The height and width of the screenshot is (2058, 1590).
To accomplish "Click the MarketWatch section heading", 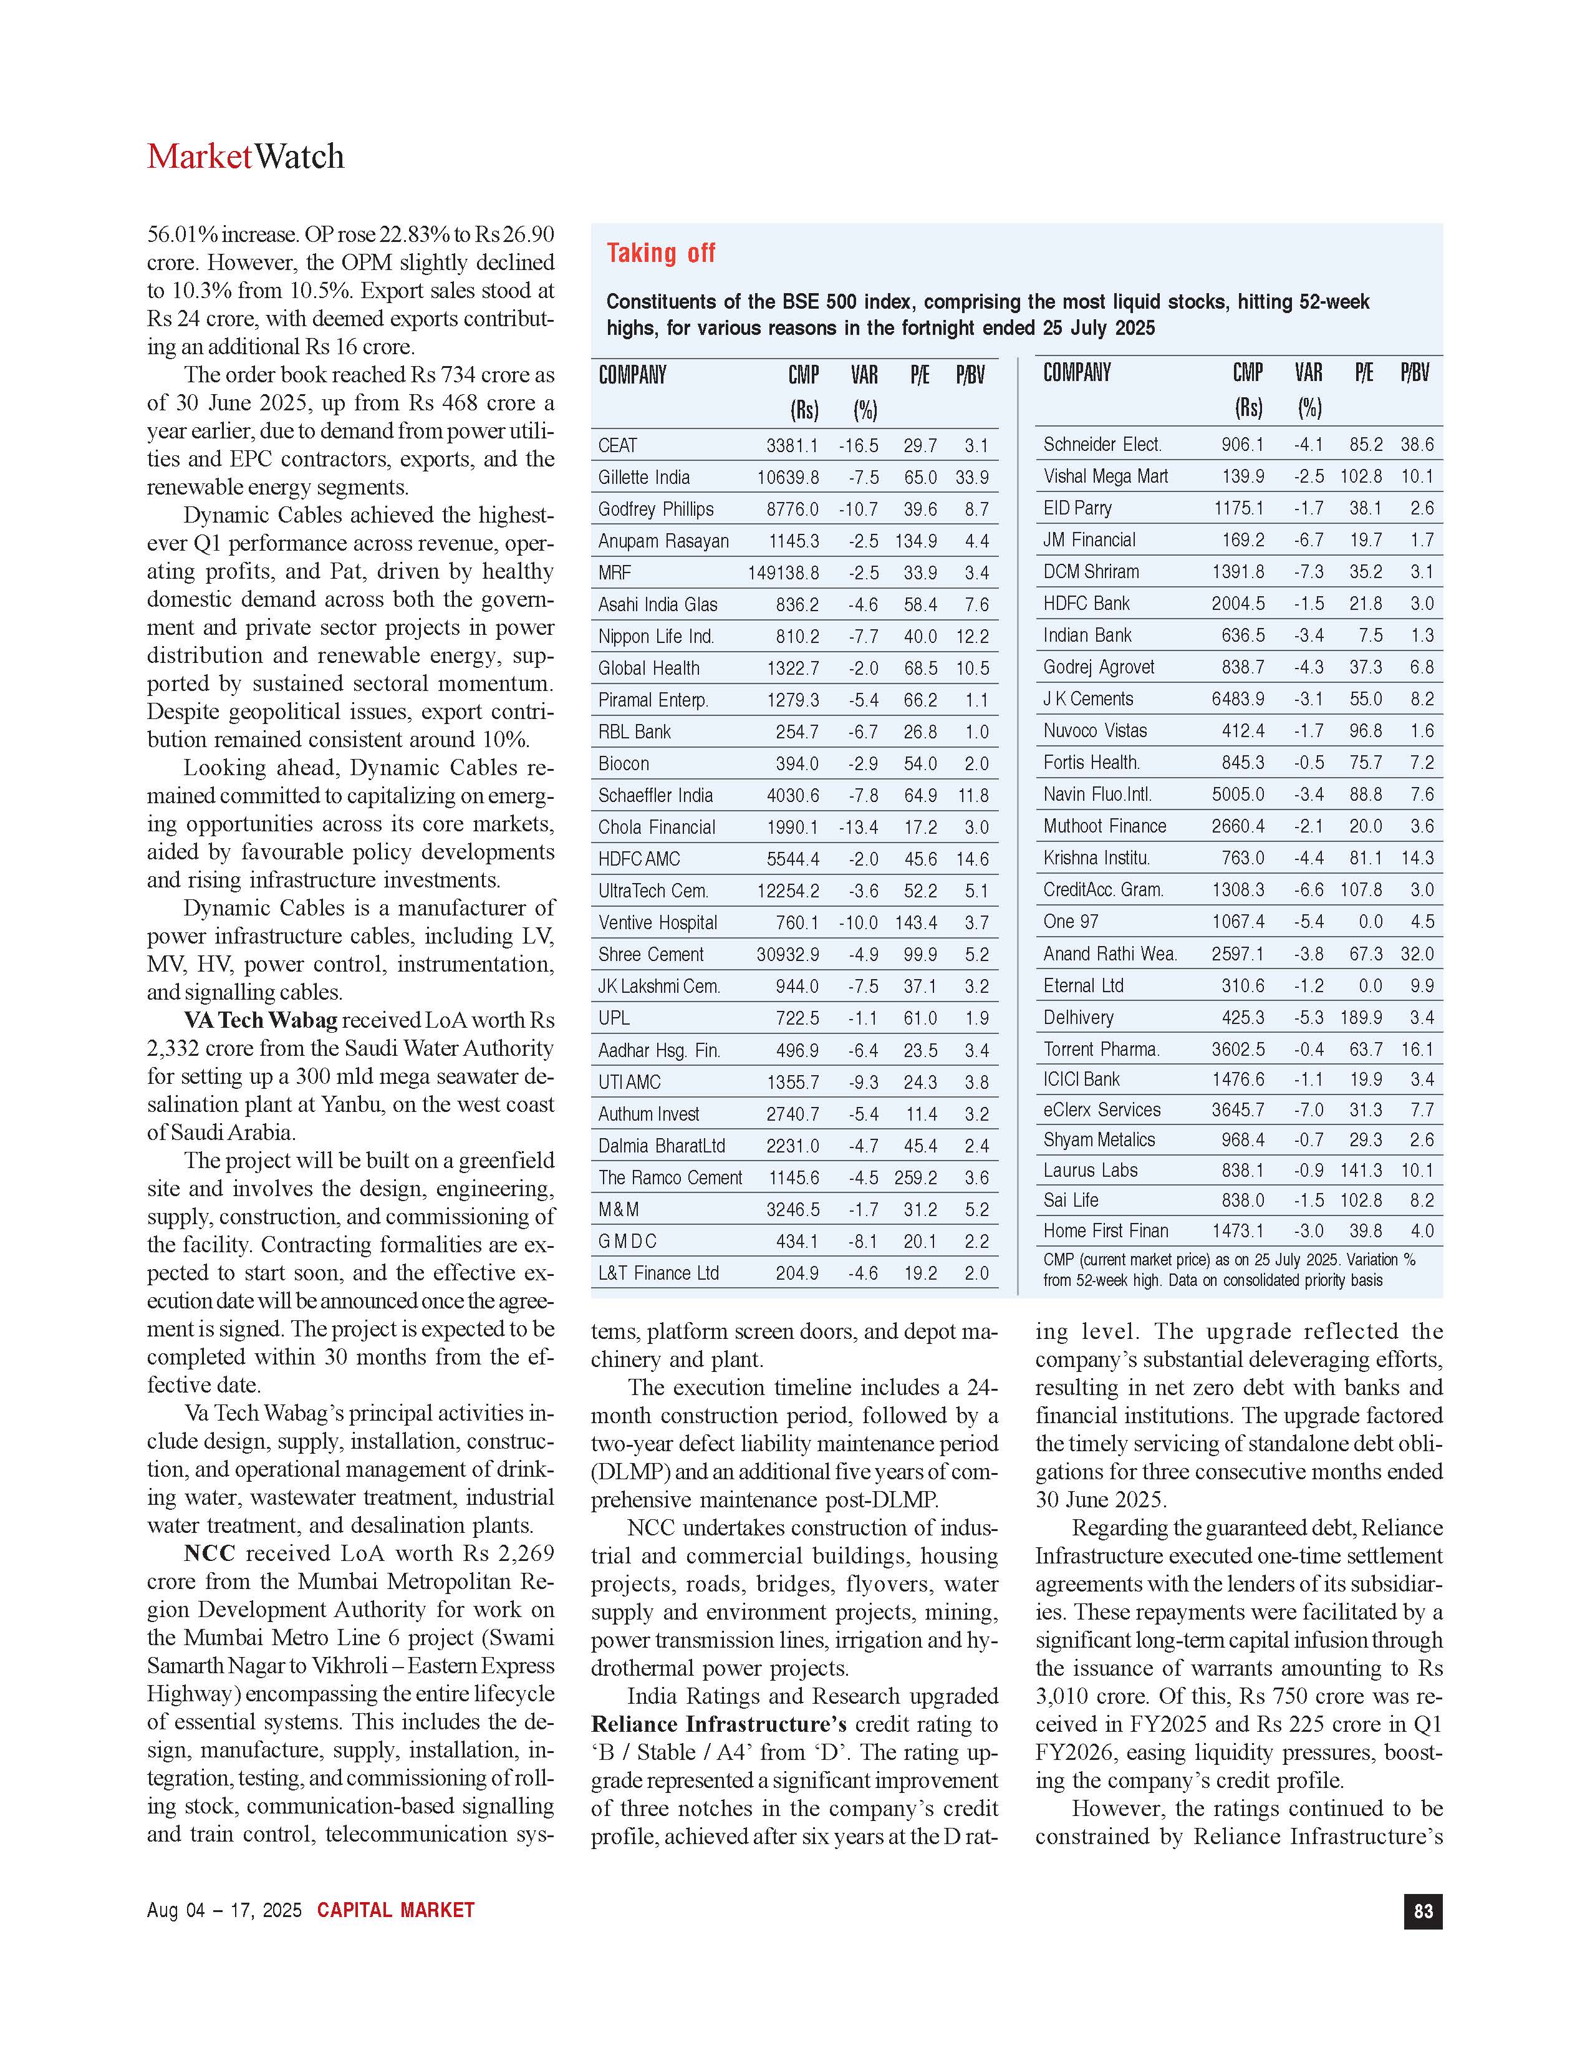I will [245, 157].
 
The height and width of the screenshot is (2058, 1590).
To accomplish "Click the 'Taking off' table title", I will [660, 253].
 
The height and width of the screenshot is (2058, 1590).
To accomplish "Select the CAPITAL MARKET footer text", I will [395, 1910].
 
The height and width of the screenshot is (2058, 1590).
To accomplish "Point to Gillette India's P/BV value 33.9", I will [972, 478].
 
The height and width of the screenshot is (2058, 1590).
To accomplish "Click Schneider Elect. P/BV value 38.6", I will [1417, 445].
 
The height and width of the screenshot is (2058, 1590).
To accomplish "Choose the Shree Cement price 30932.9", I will [788, 955].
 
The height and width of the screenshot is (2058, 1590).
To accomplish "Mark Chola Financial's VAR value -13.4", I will [858, 828].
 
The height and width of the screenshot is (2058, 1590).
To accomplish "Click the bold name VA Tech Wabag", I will [260, 1020].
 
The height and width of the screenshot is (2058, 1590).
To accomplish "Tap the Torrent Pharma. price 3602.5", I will [1238, 1050].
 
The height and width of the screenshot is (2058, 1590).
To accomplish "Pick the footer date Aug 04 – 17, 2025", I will [224, 1910].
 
